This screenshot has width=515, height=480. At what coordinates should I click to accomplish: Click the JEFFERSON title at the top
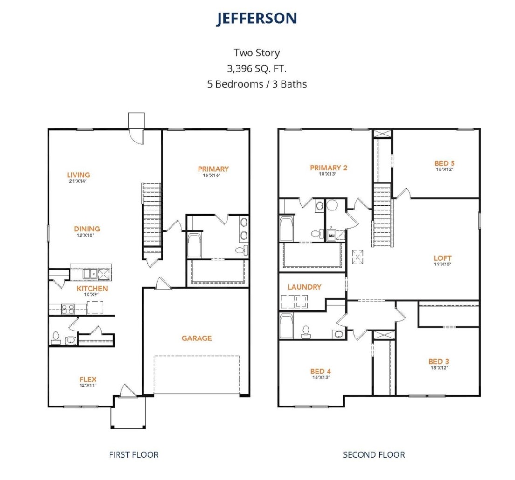click(x=257, y=18)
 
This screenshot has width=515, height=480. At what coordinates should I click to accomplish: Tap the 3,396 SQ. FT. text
click(x=257, y=68)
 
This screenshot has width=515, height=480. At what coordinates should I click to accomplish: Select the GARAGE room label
click(x=196, y=338)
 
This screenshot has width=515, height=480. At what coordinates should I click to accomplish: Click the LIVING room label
click(x=78, y=175)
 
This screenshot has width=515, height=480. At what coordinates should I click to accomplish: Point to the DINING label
click(x=87, y=229)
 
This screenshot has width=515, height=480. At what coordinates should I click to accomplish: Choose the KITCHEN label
click(x=92, y=289)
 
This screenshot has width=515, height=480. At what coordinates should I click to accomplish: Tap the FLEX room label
click(x=88, y=379)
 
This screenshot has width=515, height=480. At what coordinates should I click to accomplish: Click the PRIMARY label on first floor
click(x=213, y=169)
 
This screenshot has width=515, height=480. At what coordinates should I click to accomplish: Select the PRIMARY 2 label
click(x=329, y=168)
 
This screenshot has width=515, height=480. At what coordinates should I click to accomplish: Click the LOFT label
click(x=442, y=258)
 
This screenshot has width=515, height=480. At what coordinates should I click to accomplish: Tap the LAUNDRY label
click(x=304, y=287)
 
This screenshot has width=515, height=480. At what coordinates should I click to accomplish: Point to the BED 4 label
click(x=320, y=371)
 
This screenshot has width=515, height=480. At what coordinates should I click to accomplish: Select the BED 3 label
click(x=439, y=361)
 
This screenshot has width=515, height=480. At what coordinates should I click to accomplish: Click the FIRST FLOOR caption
click(x=134, y=454)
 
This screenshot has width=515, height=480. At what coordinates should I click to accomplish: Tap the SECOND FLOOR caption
click(x=374, y=454)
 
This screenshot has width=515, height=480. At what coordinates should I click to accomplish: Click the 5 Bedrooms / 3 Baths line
click(x=257, y=84)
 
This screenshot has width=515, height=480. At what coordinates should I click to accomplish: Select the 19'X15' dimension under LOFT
click(x=442, y=264)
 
